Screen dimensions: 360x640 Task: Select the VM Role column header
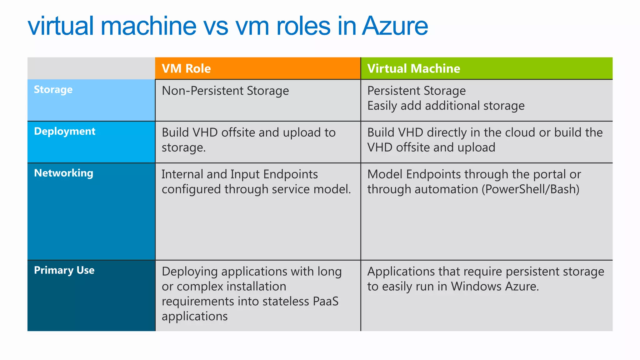[x=186, y=68]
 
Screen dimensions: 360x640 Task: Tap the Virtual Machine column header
[x=413, y=68]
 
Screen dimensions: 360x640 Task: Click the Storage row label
[x=53, y=90]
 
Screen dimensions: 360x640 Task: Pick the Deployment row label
[x=65, y=131]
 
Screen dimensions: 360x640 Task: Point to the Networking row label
[x=64, y=173]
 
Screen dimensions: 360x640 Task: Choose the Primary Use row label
[x=64, y=270]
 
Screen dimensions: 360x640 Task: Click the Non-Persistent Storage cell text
[x=225, y=91]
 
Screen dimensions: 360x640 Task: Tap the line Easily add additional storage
[x=446, y=106]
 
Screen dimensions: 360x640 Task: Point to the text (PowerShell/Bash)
[x=530, y=189]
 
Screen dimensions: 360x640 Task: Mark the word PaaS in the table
[x=326, y=302]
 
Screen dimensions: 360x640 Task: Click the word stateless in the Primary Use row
[x=286, y=302]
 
